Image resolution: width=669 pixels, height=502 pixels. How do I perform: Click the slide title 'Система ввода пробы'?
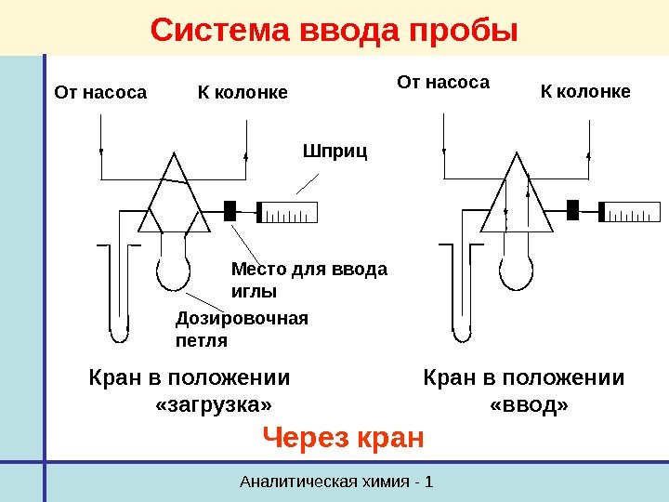click(334, 31)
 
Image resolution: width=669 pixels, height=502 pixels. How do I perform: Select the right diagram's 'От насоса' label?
click(443, 83)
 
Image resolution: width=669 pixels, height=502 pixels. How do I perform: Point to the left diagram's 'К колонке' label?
click(243, 93)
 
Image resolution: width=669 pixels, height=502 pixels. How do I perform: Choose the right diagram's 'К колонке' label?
click(585, 91)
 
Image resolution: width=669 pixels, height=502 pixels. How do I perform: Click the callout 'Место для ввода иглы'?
click(308, 280)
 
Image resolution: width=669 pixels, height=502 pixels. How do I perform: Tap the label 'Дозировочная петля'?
click(241, 329)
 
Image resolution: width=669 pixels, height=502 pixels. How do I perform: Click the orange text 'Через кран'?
click(344, 436)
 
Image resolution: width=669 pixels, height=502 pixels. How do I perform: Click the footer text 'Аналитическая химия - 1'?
click(336, 482)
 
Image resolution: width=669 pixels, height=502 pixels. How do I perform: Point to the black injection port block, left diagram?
click(230, 210)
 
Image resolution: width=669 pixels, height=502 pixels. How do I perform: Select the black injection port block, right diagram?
click(572, 209)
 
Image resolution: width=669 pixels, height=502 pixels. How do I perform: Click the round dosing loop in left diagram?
click(172, 272)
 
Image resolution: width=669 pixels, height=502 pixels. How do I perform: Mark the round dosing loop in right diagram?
click(515, 271)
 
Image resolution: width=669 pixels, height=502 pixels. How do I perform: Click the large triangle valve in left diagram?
click(174, 198)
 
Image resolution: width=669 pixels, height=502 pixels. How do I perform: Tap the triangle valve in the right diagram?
click(516, 198)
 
